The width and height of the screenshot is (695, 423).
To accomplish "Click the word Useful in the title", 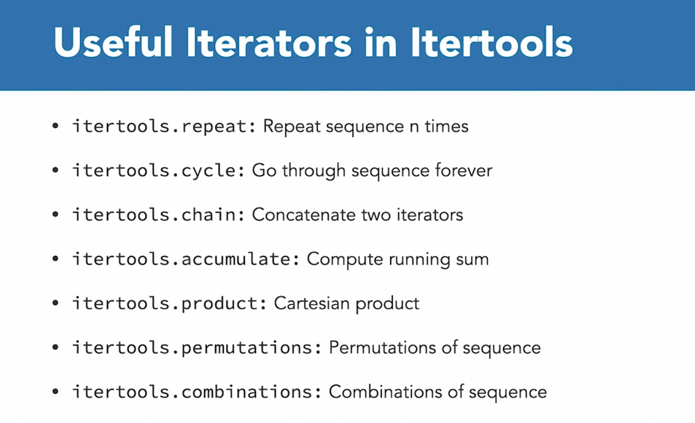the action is pyautogui.click(x=113, y=42).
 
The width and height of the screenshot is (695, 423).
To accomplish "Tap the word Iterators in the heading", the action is pyautogui.click(x=269, y=42).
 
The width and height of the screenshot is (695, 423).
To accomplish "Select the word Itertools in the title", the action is pyautogui.click(x=492, y=42).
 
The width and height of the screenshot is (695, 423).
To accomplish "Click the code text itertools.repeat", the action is pyautogui.click(x=164, y=126).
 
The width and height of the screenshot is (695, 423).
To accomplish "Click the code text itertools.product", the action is pyautogui.click(x=169, y=303).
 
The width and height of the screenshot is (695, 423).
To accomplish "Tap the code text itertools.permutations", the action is pyautogui.click(x=197, y=347).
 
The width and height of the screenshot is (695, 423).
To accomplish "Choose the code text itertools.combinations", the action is pyautogui.click(x=197, y=391).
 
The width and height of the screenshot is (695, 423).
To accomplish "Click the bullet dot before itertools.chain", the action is pyautogui.click(x=56, y=214).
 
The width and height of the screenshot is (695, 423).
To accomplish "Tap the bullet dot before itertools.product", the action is pyautogui.click(x=56, y=303).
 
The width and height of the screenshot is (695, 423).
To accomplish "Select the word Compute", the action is pyautogui.click(x=345, y=259).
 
